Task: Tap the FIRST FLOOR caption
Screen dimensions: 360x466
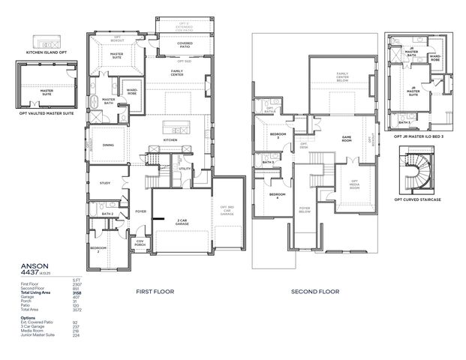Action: click(x=153, y=289)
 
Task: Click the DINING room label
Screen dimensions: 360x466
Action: click(x=109, y=146)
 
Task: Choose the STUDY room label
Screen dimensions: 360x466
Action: click(x=105, y=182)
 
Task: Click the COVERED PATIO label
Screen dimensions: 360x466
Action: click(x=185, y=44)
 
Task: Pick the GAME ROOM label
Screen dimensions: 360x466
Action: click(x=347, y=138)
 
